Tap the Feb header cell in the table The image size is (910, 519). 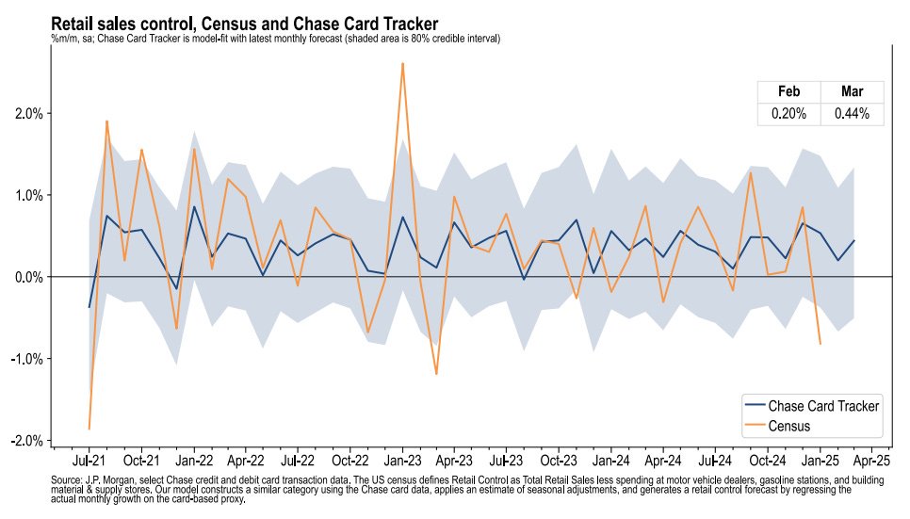point(788,91)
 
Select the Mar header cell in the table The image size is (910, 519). point(852,91)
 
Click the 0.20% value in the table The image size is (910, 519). point(788,114)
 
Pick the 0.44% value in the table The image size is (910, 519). point(852,114)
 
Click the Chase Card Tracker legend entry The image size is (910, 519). point(823,406)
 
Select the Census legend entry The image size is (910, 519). point(789,426)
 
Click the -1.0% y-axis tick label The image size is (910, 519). point(27,359)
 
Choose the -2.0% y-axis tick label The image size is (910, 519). point(27,441)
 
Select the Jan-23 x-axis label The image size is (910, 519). point(402,462)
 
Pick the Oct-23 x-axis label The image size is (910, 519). point(559,462)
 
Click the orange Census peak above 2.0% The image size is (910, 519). point(402,63)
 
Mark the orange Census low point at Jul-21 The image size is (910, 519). point(89,429)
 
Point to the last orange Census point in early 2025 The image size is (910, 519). point(820,344)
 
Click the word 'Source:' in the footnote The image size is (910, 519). point(67,479)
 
